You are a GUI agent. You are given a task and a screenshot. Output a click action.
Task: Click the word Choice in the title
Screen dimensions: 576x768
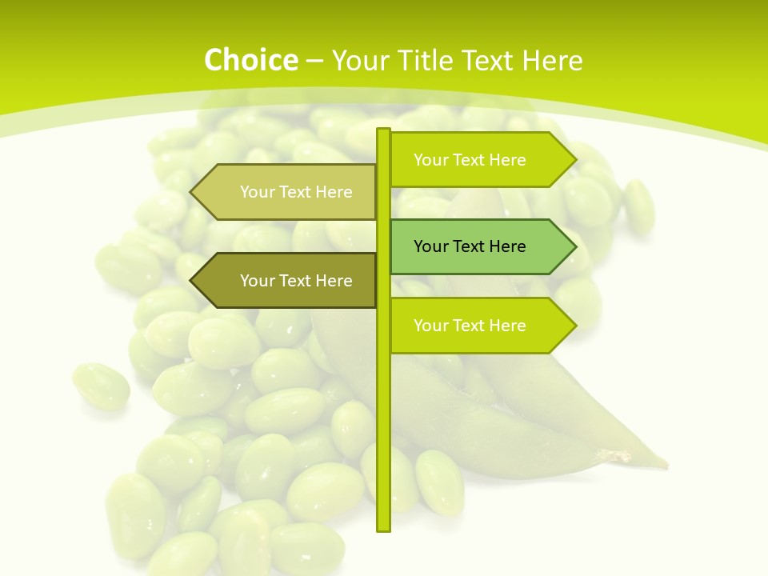(x=250, y=61)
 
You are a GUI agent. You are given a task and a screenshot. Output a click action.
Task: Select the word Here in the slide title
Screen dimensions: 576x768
(x=552, y=61)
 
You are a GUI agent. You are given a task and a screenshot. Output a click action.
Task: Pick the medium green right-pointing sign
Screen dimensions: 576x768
(x=480, y=246)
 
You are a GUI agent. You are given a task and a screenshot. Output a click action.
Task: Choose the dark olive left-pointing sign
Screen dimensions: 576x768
(x=288, y=281)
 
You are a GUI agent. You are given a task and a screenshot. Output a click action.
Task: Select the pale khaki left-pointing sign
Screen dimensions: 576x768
(x=288, y=192)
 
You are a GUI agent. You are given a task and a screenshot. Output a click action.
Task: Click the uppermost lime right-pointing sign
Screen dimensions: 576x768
(x=480, y=160)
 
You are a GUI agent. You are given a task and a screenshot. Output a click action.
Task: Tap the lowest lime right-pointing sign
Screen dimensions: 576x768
(x=480, y=326)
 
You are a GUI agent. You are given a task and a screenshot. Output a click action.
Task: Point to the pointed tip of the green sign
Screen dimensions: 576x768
(x=574, y=246)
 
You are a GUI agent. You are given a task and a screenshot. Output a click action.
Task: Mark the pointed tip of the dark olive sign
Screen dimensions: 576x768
(x=192, y=281)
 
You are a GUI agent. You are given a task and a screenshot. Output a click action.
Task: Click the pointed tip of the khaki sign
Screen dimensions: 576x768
(x=192, y=192)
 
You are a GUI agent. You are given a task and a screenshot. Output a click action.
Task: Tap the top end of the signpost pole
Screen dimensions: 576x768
(x=383, y=130)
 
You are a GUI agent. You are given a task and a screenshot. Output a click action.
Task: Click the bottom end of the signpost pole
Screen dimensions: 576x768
(x=383, y=529)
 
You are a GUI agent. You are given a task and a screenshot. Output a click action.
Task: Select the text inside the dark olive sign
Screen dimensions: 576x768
(x=296, y=281)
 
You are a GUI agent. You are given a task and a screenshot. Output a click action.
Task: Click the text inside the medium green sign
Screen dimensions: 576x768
(x=470, y=246)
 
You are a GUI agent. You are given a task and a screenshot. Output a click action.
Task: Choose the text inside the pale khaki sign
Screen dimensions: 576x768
(x=296, y=192)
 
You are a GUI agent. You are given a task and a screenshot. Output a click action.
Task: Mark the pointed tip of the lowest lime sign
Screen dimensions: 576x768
(x=574, y=326)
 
